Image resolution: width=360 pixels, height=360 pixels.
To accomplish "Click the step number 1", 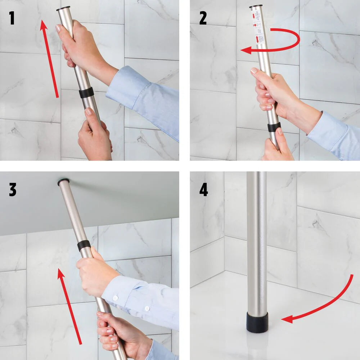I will coord(12,18).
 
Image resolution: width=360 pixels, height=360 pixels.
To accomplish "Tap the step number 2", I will coord(203,18).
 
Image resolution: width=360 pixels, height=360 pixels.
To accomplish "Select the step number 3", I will coord(13,190).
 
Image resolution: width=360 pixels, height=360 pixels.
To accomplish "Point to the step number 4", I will coord(203,190).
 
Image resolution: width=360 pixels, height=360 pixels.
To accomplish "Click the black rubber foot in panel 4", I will coord(257,322).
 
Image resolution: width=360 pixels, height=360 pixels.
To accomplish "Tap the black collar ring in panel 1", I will coord(86,93).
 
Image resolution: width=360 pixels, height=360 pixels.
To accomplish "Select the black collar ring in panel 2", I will coord(274,127).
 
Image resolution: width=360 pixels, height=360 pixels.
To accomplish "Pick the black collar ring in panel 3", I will coord(84,246).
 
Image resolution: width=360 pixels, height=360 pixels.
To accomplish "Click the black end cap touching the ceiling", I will coord(63,182).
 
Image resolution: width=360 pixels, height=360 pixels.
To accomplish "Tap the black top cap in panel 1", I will coord(63,8).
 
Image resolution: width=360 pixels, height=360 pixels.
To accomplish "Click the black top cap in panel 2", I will coord(256,6).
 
